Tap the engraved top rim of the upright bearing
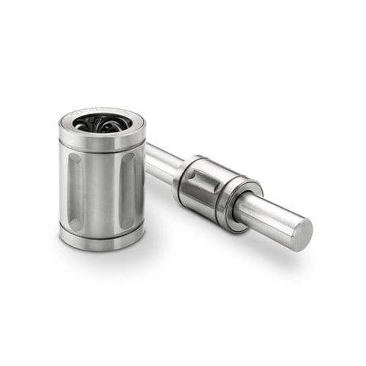[x=102, y=112]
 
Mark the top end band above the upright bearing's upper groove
[x=102, y=138]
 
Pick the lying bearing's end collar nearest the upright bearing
[x=182, y=173]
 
